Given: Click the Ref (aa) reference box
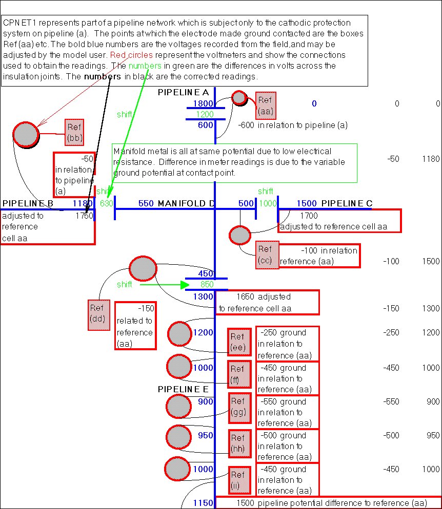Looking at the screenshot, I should coord(265,105).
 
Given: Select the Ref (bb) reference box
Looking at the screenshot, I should coord(74,132).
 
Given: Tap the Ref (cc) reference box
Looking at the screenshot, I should coord(266,254).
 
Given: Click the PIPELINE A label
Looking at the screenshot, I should coord(183,92).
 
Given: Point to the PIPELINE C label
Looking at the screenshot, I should coord(347,203).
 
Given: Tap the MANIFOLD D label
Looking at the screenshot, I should coord(186,203).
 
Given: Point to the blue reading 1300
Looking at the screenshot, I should coord(203,296).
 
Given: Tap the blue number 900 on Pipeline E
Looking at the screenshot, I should coord(205,402).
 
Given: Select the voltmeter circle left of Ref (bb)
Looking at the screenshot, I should coord(26,135).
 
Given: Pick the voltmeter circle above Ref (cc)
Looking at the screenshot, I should coord(239,235).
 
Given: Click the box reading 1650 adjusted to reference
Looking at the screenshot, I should coord(267,302).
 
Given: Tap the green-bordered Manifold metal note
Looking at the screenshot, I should coord(234,162).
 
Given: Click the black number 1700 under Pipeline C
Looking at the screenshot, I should coord(309,216).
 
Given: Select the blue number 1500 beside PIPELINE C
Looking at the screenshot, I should coord(306,203).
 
